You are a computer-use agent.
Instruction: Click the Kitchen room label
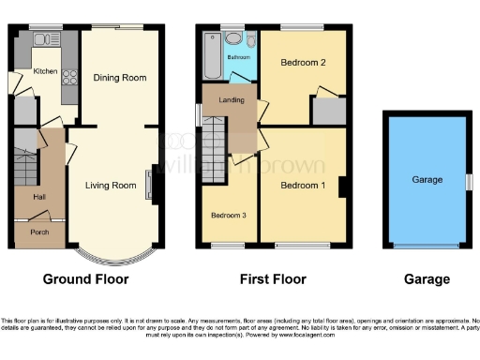[x=45, y=71]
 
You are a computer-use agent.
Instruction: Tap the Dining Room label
[x=120, y=78]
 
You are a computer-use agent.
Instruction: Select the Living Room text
[x=112, y=185]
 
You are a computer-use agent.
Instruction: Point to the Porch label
[x=39, y=232]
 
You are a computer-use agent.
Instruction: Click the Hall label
[x=39, y=197]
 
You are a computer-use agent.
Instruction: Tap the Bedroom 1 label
[x=304, y=185]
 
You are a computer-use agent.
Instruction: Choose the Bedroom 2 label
[x=303, y=63]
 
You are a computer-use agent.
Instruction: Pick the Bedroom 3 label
[x=229, y=216]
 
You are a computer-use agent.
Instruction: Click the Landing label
[x=232, y=100]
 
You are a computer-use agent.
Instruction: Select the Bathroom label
[x=238, y=57]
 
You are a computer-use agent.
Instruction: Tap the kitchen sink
[x=42, y=38]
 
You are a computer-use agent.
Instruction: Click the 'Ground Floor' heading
[x=85, y=279]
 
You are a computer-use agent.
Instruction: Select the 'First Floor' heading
[x=272, y=279]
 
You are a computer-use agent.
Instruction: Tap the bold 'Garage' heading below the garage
[x=426, y=279]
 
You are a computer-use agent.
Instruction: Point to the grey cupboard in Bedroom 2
[x=328, y=111]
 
